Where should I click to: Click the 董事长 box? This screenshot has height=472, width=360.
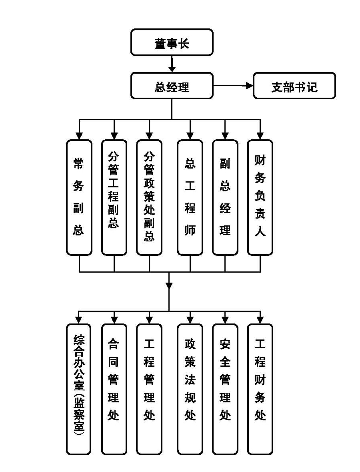pos(172,42)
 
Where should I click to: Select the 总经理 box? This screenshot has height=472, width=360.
pos(172,86)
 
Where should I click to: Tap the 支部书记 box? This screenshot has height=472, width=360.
pos(294,86)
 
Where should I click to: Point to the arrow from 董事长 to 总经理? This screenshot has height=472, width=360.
pos(172,64)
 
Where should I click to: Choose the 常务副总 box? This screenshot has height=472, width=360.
pos(79,197)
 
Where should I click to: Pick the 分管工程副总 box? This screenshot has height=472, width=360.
pos(114,197)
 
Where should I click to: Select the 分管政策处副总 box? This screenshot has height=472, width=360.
pos(149,197)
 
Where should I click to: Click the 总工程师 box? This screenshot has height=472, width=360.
pos(190,197)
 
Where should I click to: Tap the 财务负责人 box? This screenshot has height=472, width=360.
pos(260,197)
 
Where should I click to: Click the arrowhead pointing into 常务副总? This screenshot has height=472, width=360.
pos(79,136)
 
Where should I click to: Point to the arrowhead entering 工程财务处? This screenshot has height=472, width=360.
pos(260,320)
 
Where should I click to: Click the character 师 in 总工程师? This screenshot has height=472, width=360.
pos(190,231)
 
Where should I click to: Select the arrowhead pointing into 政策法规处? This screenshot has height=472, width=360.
pos(190,320)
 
